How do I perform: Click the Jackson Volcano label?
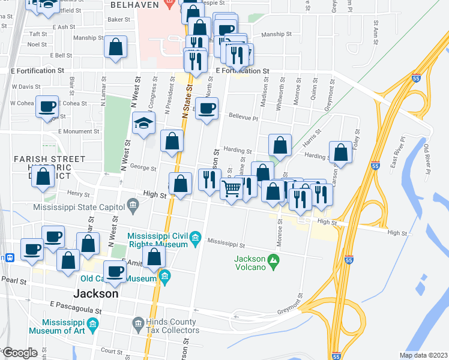[x=249, y=263]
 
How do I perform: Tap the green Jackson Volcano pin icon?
[x=274, y=260]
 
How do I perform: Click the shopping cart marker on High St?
[x=231, y=188]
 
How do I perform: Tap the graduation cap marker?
[x=143, y=124]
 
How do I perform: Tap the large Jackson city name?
[x=95, y=294]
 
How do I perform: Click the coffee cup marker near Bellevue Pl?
[x=208, y=109]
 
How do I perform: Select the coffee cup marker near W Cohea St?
[x=47, y=107]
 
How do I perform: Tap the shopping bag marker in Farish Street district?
[x=43, y=177]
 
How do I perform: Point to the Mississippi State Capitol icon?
[x=133, y=207]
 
